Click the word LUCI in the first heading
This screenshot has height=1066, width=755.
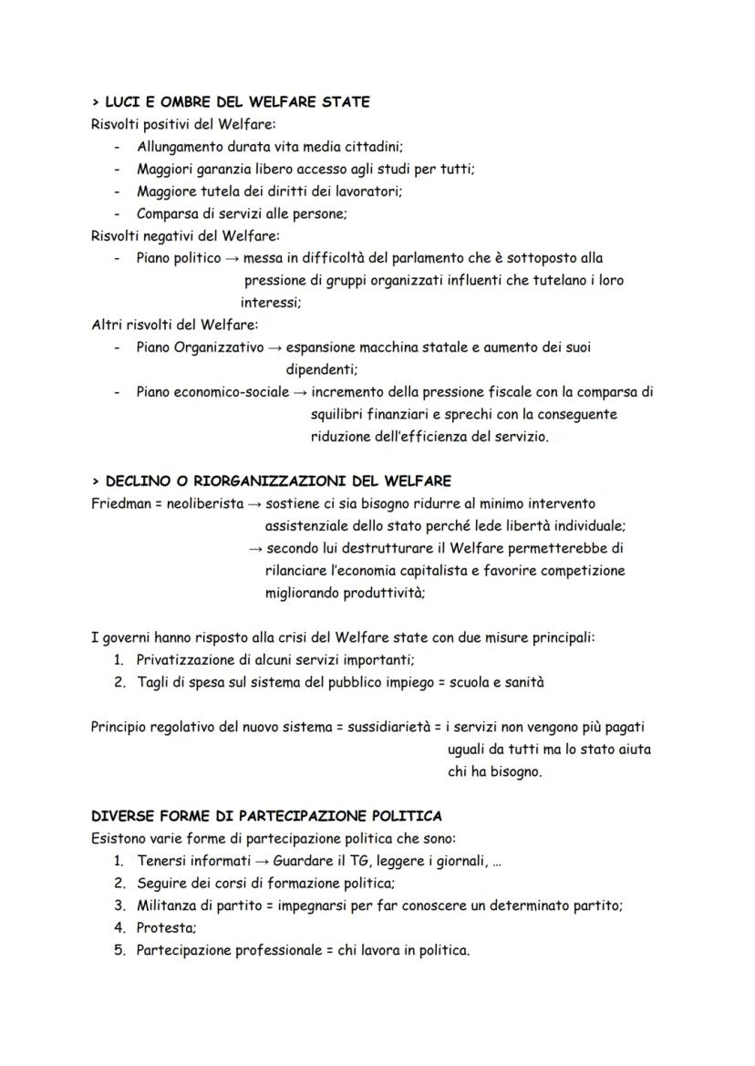tap(124, 102)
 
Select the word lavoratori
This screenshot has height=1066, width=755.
tap(369, 191)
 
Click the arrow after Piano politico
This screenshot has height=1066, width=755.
tap(233, 259)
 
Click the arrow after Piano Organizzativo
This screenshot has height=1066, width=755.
tap(273, 347)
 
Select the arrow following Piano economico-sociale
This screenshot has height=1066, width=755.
tap(302, 392)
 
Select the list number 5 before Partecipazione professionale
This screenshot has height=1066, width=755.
tap(119, 950)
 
